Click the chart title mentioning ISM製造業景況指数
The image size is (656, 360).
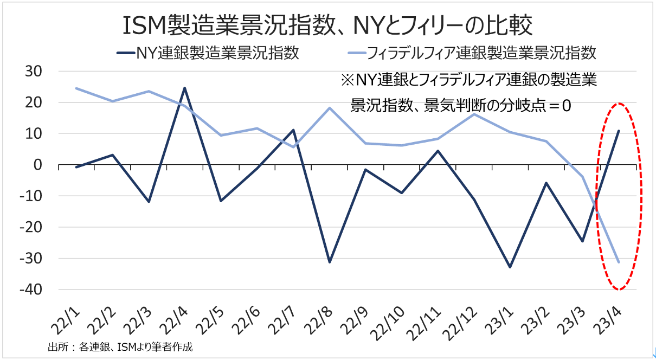click(x=327, y=25)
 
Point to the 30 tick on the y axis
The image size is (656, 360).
click(x=38, y=72)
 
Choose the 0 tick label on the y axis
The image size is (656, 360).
click(x=45, y=165)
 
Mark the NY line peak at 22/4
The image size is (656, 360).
click(x=184, y=88)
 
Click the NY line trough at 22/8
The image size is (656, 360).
click(x=330, y=262)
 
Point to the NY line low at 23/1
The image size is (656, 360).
click(x=510, y=267)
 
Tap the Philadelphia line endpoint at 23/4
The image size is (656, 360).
click(x=619, y=262)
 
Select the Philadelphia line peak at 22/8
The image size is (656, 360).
click(x=330, y=108)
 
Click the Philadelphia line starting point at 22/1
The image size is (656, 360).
click(x=76, y=88)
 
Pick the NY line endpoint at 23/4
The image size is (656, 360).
click(x=619, y=131)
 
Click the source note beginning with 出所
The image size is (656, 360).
click(x=120, y=347)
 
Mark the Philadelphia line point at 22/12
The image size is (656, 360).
click(x=474, y=114)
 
